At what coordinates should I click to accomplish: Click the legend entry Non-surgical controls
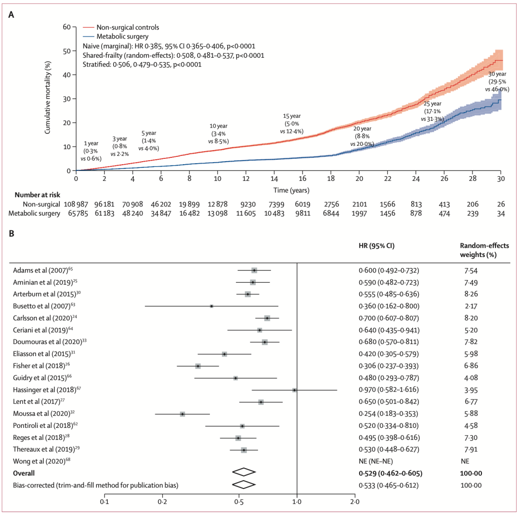click(128, 27)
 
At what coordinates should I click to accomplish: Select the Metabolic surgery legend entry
click(122, 37)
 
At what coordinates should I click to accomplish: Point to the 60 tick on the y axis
click(66, 27)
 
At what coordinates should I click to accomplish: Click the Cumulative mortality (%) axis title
click(49, 99)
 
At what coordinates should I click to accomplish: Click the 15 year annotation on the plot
click(292, 124)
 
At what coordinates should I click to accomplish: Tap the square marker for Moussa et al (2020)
click(182, 414)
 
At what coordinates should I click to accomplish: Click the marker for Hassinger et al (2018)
click(294, 390)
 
